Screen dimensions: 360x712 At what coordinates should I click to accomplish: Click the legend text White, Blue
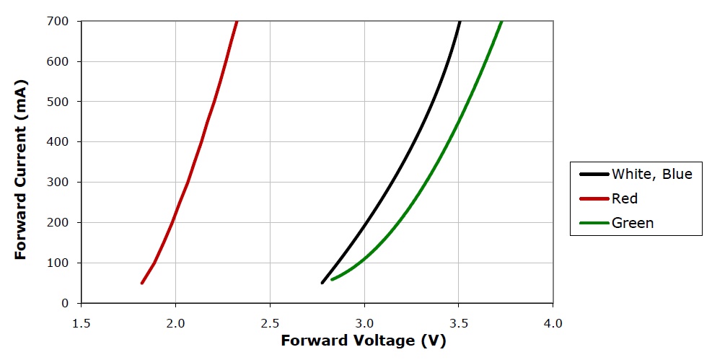coord(651,174)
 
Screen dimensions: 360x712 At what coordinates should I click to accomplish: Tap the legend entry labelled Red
coord(625,198)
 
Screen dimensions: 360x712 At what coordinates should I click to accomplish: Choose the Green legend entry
coord(633,223)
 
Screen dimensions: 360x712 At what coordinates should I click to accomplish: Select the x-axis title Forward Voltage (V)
coord(364,341)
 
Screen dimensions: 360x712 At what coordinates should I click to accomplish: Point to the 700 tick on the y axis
coord(59,22)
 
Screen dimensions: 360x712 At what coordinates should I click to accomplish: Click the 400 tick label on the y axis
coord(59,142)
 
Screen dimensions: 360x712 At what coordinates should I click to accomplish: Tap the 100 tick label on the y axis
coord(59,263)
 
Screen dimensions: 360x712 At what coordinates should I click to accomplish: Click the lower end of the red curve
coord(142,283)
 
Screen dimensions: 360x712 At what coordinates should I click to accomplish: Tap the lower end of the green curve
coord(332,279)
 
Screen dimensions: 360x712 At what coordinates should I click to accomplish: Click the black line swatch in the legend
coord(593,174)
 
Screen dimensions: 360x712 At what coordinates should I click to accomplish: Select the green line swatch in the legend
coord(593,223)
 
